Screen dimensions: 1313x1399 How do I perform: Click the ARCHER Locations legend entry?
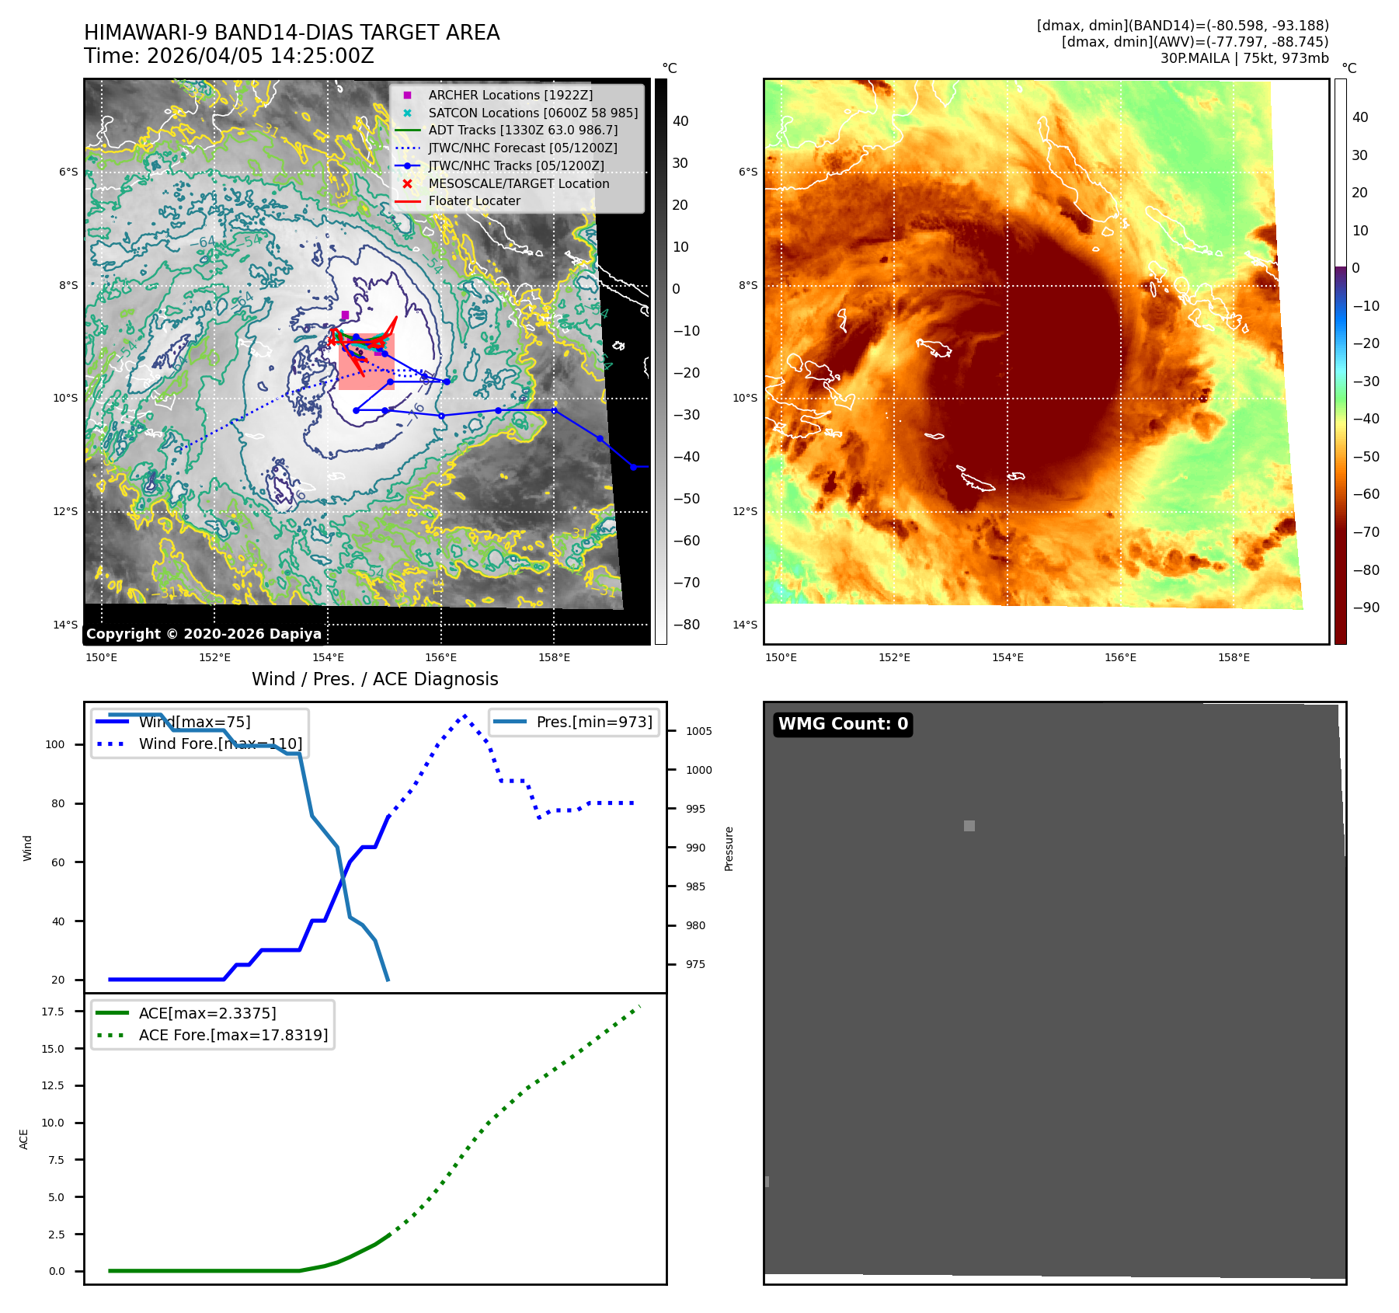510,95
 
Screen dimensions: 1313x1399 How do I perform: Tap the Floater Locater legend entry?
474,200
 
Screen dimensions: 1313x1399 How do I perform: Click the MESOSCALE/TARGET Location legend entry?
518,183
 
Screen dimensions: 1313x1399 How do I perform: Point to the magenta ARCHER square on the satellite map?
345,315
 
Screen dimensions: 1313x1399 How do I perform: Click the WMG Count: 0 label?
843,724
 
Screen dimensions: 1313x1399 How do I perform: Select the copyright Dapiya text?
204,634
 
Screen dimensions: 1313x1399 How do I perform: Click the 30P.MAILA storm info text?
1244,58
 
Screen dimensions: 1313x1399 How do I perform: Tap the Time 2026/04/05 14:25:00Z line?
229,56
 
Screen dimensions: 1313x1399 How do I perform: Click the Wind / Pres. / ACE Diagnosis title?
375,679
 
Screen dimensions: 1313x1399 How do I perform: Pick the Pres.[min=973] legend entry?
593,722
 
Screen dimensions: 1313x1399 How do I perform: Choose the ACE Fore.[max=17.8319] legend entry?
233,1035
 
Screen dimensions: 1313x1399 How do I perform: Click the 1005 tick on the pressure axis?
698,731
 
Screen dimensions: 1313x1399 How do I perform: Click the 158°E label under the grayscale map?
554,657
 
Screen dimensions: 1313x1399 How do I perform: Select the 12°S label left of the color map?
745,511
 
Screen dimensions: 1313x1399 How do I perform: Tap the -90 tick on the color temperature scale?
1366,608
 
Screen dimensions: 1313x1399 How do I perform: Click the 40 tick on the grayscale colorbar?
680,121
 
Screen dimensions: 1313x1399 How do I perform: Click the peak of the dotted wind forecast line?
465,716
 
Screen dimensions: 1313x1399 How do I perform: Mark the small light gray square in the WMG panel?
969,826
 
